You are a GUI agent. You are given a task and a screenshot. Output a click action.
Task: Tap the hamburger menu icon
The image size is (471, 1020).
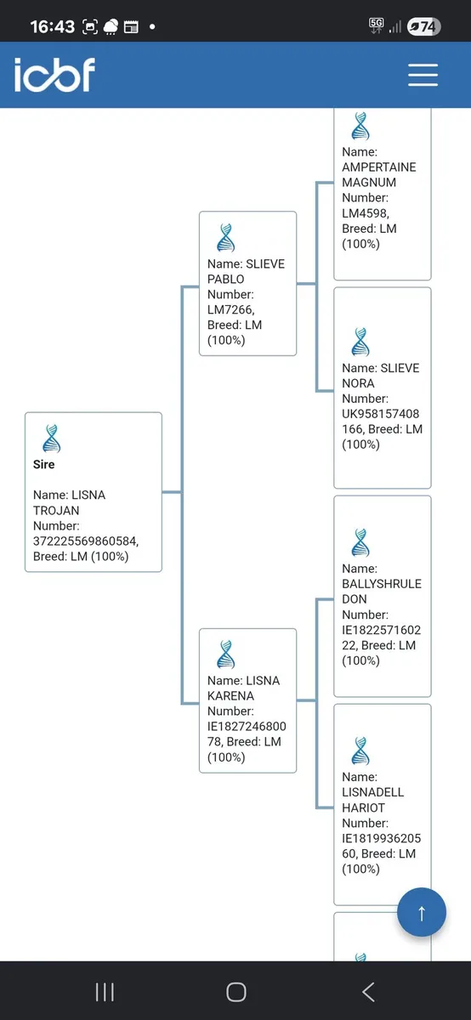(x=423, y=75)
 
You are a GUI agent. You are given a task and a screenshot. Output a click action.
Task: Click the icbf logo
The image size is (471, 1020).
(x=54, y=75)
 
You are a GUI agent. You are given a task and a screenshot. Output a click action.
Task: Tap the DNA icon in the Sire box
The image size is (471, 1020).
(x=52, y=439)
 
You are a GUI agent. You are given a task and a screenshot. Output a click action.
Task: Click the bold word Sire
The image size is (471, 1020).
(x=43, y=464)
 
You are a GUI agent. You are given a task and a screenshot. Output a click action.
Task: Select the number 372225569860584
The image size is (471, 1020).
(x=85, y=541)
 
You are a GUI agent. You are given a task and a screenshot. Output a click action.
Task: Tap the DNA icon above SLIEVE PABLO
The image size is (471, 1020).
(x=226, y=238)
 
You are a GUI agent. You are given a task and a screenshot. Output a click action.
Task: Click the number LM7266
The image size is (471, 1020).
(x=230, y=309)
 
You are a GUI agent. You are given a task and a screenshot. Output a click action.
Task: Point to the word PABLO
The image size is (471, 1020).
(x=226, y=279)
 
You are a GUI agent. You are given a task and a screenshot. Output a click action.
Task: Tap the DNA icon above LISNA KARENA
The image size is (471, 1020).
(x=226, y=654)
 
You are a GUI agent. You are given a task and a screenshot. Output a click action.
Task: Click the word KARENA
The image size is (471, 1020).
(x=230, y=696)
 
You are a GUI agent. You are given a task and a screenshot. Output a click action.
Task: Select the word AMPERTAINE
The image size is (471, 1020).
(x=379, y=167)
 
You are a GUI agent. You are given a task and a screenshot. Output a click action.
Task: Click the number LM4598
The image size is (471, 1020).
(x=365, y=213)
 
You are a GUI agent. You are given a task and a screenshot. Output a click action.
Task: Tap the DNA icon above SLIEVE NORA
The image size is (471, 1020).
(x=360, y=342)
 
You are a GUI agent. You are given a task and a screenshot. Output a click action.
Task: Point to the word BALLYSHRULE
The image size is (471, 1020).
(x=382, y=584)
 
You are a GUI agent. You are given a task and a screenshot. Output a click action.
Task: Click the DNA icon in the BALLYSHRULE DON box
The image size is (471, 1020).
(x=360, y=543)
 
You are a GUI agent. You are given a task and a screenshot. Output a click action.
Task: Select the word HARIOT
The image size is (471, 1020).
(x=364, y=807)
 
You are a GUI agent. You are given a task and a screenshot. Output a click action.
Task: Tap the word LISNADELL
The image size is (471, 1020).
(x=373, y=792)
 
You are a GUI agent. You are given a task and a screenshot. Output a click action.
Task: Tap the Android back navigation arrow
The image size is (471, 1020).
(x=368, y=992)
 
